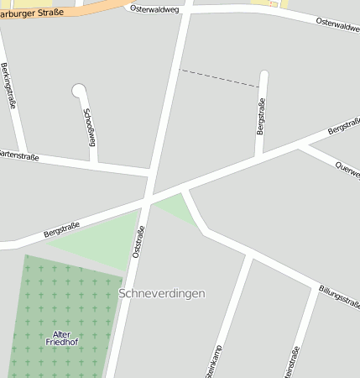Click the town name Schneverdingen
[x=162, y=293]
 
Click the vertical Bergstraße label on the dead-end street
[x=260, y=115]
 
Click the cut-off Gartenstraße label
[x=18, y=155]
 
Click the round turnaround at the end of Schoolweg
[x=80, y=89]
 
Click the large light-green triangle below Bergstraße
[x=101, y=239]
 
